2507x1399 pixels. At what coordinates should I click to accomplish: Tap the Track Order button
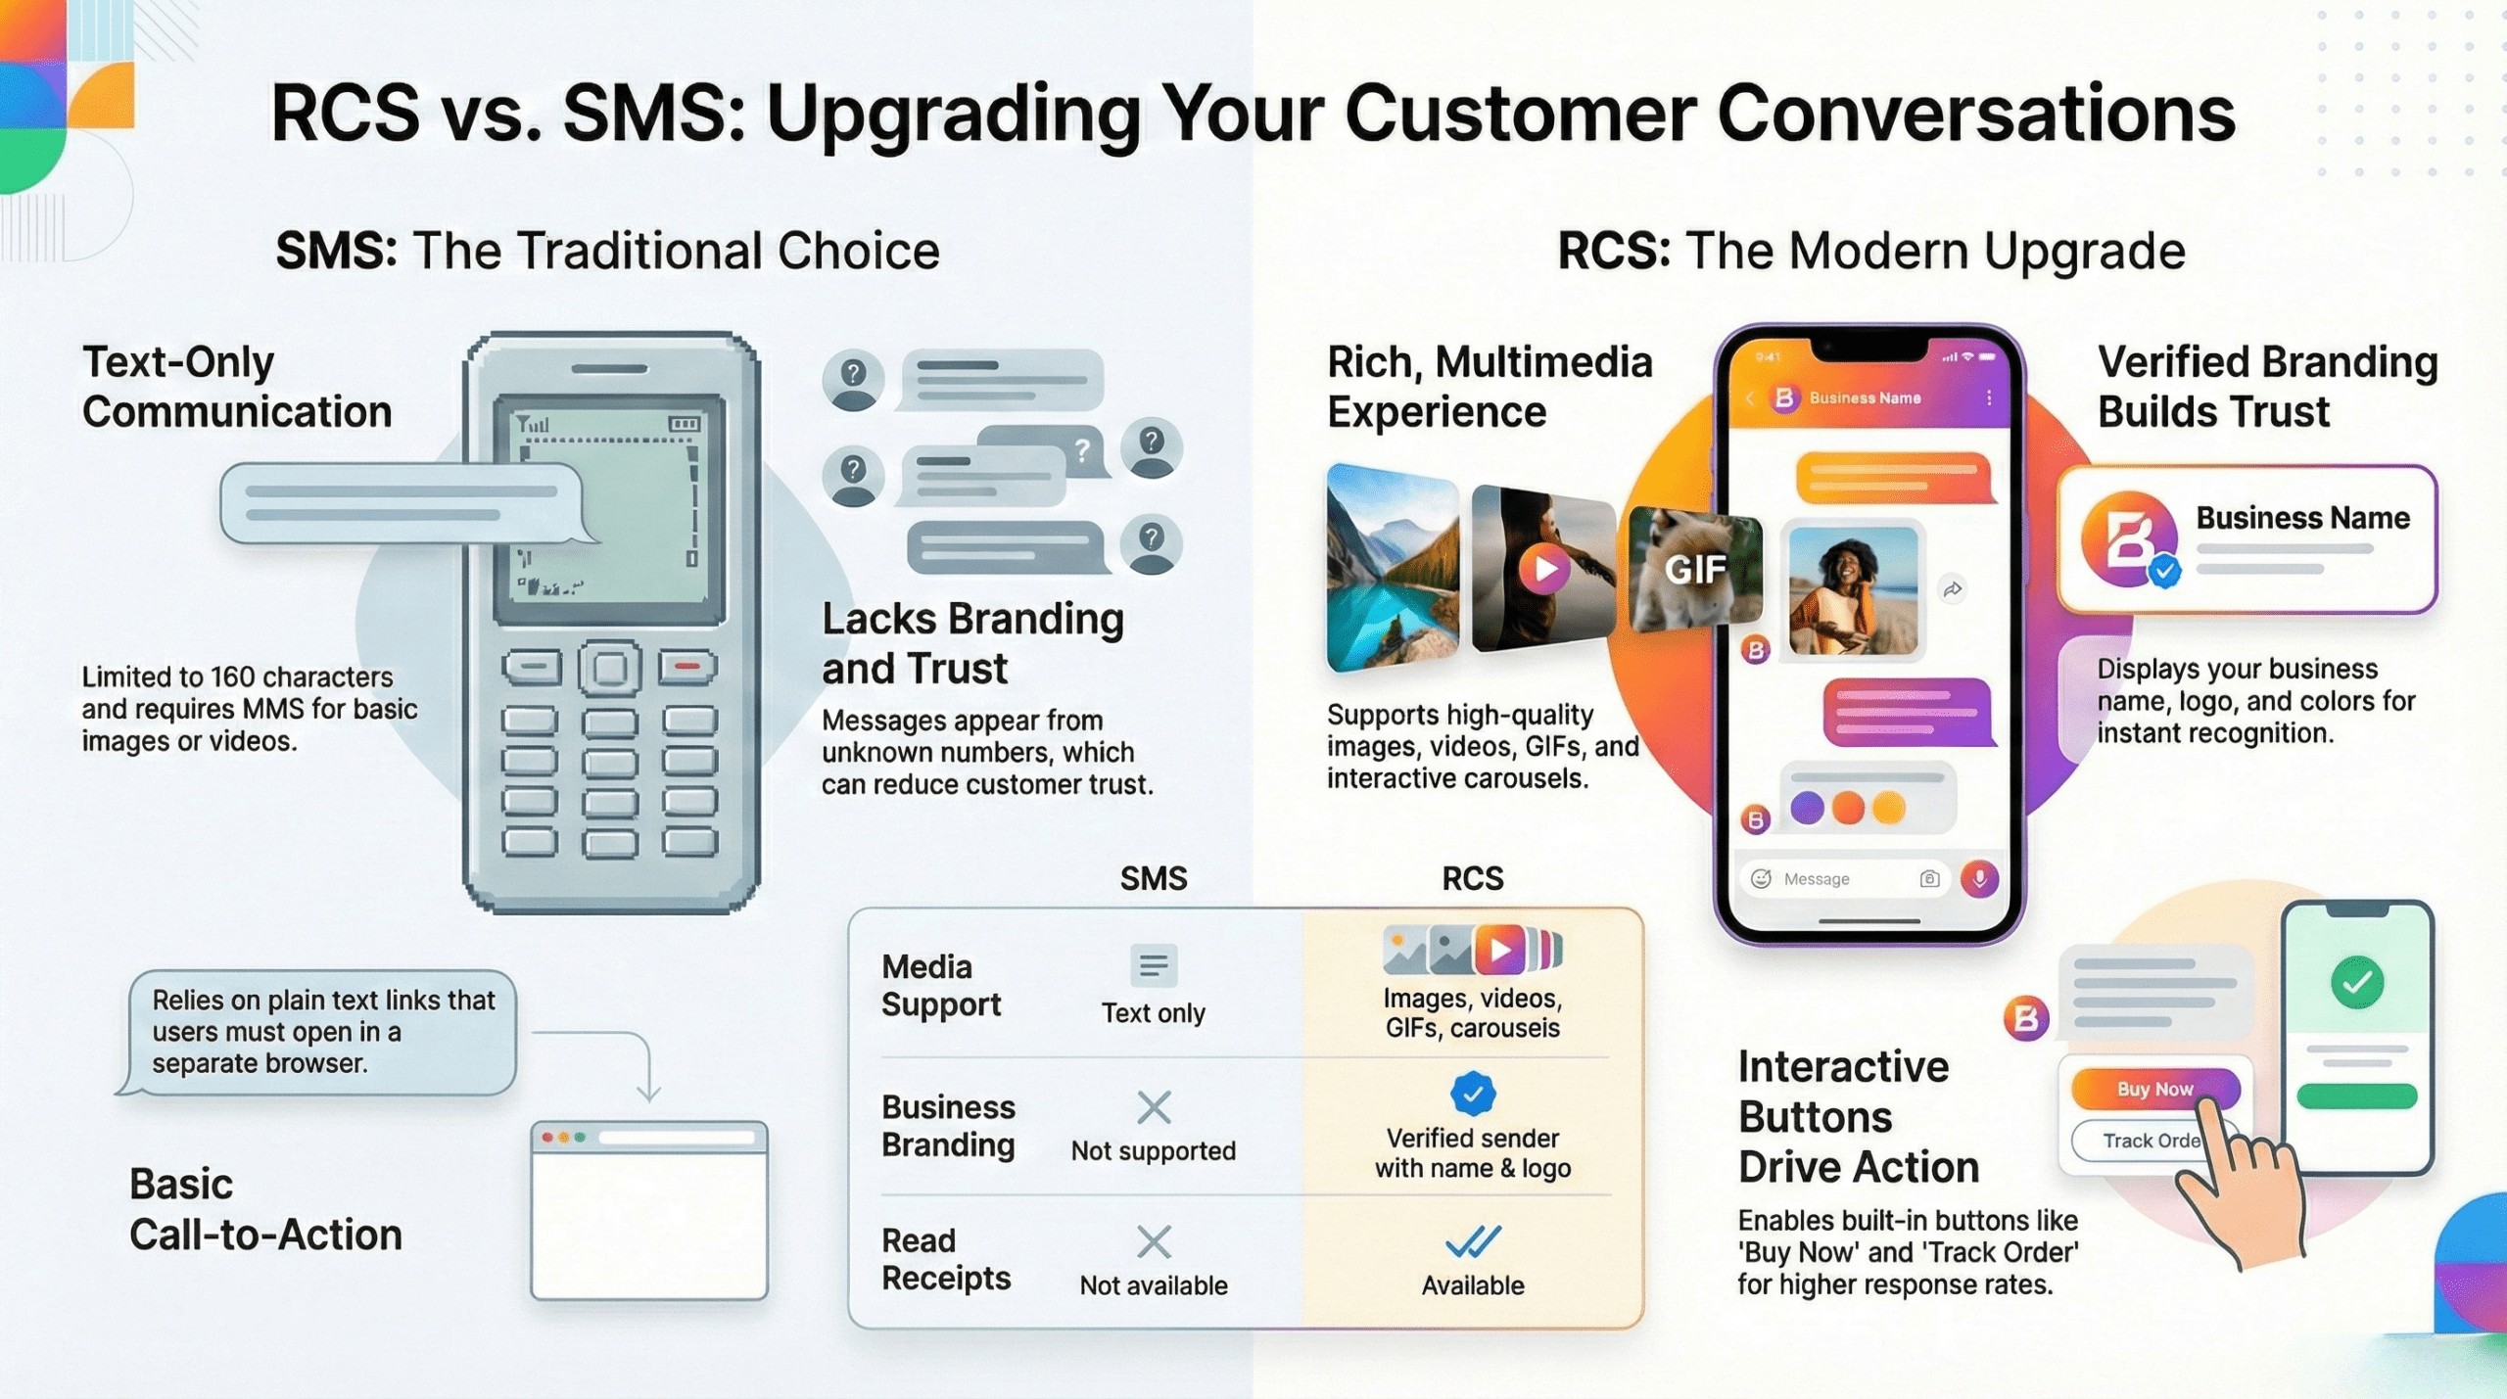(x=2145, y=1141)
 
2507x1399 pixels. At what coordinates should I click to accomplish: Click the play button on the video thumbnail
(x=1544, y=569)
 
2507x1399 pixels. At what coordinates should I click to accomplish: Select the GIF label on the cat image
(x=1695, y=569)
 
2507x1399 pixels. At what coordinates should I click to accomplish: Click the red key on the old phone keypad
(x=687, y=667)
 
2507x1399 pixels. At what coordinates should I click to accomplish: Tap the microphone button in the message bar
(x=1979, y=878)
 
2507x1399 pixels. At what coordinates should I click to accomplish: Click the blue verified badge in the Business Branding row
(x=1472, y=1094)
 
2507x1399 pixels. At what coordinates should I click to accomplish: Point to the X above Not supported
(x=1154, y=1107)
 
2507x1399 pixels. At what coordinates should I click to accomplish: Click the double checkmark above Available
(x=1472, y=1241)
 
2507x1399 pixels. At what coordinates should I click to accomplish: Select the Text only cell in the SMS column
(x=1153, y=1012)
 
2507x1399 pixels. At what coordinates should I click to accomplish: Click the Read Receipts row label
(x=945, y=1259)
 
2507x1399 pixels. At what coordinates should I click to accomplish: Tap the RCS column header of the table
(x=1472, y=878)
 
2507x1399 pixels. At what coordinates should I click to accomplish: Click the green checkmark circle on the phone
(x=2357, y=982)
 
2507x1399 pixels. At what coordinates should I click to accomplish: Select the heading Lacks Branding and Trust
(x=971, y=643)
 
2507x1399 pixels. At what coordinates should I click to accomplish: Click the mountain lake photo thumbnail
(x=1392, y=569)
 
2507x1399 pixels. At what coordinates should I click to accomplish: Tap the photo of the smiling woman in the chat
(x=1852, y=590)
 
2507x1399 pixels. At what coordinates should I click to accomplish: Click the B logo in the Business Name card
(x=2128, y=538)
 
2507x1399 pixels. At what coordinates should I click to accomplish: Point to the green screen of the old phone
(x=609, y=509)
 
